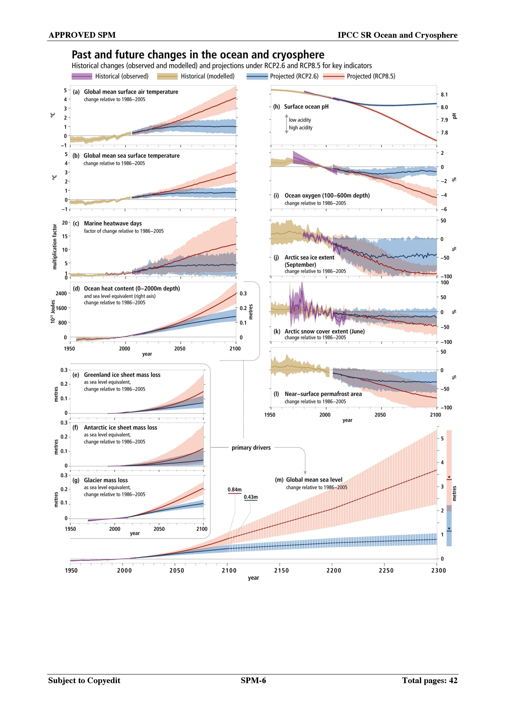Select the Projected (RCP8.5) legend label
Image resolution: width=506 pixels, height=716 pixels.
[x=371, y=76]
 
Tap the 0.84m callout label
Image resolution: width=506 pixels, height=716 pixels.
[x=234, y=490]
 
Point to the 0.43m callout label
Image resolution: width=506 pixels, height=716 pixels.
[x=251, y=497]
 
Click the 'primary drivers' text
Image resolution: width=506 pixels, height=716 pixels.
[x=251, y=448]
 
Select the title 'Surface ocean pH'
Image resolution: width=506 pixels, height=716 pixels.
[x=306, y=107]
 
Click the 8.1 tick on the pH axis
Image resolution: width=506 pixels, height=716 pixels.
[x=444, y=94]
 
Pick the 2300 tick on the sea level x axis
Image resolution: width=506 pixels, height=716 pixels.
[x=438, y=571]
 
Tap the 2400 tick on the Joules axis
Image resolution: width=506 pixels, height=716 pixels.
[x=61, y=293]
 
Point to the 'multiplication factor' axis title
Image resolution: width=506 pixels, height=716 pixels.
[x=55, y=247]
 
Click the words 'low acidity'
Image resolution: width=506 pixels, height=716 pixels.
[x=300, y=120]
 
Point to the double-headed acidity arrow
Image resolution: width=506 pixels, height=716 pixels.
[x=286, y=124]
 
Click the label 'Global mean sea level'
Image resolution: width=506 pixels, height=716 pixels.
[x=314, y=480]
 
